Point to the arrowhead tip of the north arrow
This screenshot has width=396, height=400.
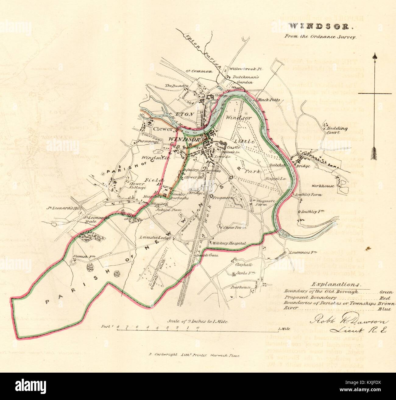pos(375,56)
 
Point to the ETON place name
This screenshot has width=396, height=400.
pos(186,114)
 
